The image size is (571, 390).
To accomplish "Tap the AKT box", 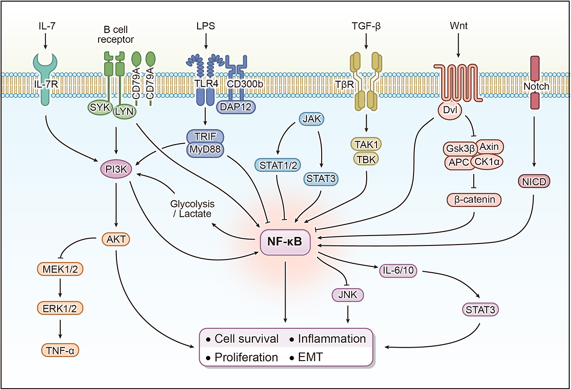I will (x=116, y=240).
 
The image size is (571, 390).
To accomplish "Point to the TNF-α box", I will (x=60, y=351).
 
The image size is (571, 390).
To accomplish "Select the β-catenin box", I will (x=474, y=199).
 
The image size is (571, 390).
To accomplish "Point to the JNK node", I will (x=348, y=295).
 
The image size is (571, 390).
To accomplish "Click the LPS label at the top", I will (x=205, y=26).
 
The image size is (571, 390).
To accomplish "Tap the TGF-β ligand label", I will (x=365, y=26).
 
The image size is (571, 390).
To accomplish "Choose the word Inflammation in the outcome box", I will (x=332, y=339).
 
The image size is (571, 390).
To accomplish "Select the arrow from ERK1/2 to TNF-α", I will (x=60, y=330).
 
